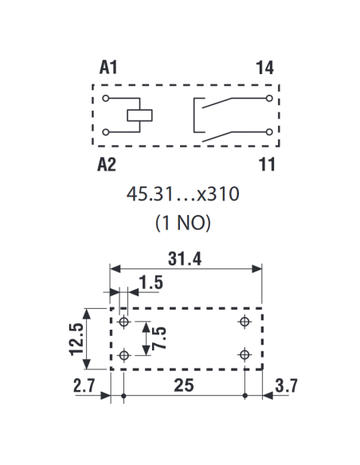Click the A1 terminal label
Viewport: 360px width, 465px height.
point(108,67)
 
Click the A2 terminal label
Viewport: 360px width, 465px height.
point(107,165)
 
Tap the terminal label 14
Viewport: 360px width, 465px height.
point(264,68)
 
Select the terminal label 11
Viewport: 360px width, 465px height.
point(267,164)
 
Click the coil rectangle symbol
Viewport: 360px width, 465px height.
point(139,115)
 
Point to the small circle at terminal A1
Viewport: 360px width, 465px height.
point(106,98)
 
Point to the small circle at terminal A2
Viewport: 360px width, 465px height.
point(106,132)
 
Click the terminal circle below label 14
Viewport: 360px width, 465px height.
point(269,98)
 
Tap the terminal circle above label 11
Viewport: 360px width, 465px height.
point(269,132)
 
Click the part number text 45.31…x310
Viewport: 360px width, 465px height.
point(182,194)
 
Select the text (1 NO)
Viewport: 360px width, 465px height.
point(183,223)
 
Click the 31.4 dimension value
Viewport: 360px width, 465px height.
point(185,258)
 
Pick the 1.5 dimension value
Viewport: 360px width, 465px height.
point(151,283)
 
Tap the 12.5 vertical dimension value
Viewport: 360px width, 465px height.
point(76,339)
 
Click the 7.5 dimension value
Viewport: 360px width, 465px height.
point(158,338)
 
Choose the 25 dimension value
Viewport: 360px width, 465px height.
point(184,385)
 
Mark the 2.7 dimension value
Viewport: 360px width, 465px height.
point(84,385)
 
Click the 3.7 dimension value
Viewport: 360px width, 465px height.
point(286,386)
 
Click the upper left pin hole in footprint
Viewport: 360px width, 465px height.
point(124,322)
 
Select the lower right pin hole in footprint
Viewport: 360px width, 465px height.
point(245,354)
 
